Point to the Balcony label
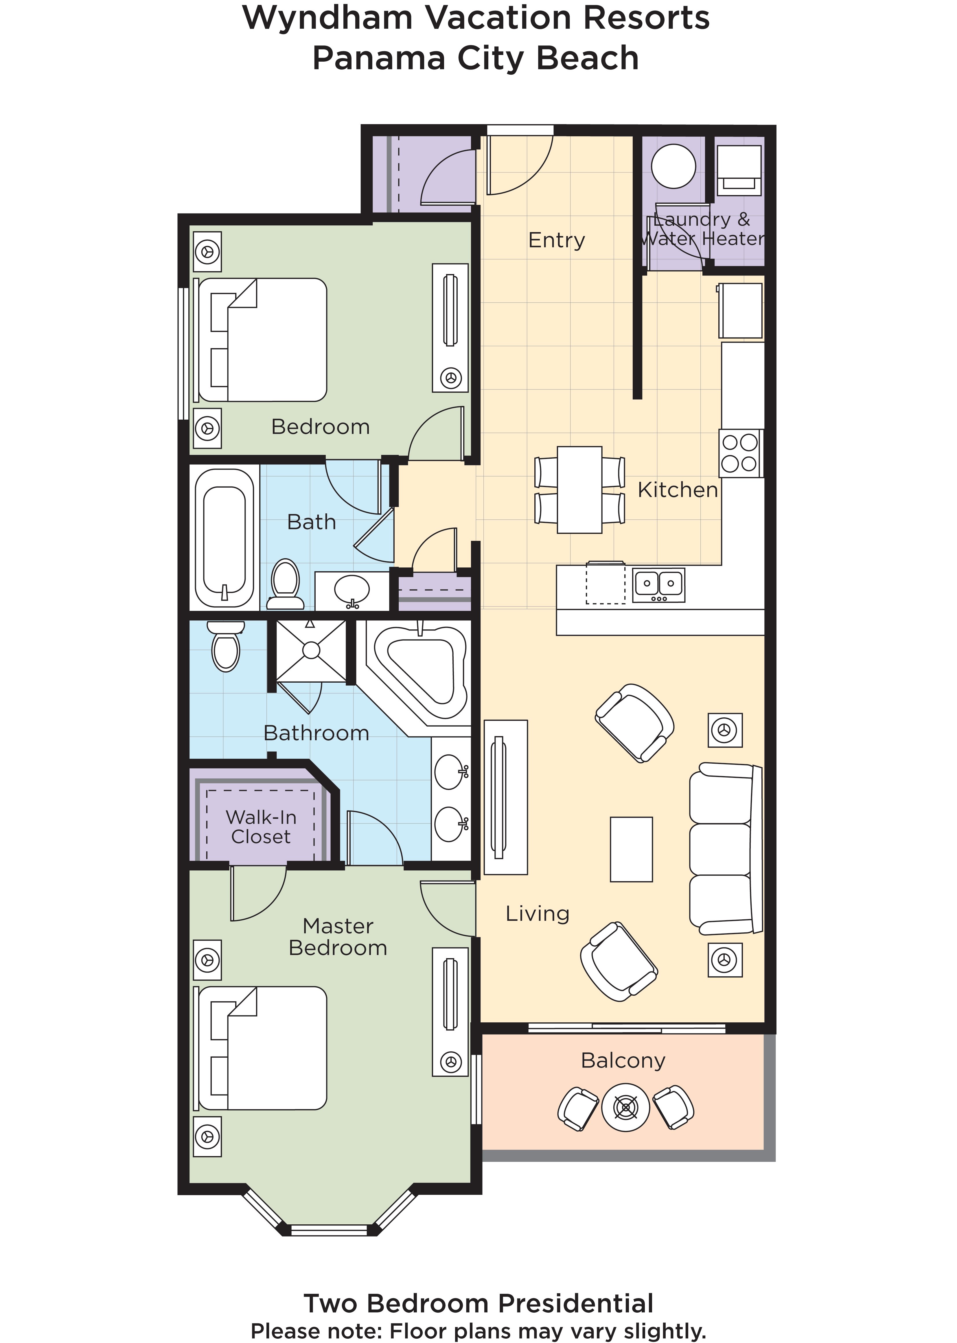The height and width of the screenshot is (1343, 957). pos(623,1060)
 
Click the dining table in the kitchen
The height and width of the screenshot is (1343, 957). pos(579,490)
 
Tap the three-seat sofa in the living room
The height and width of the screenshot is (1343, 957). pos(725,849)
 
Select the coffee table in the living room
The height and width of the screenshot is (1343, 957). pos(631,849)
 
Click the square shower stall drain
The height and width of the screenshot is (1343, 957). pos(311,650)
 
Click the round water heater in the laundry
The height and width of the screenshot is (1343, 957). pos(673,166)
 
